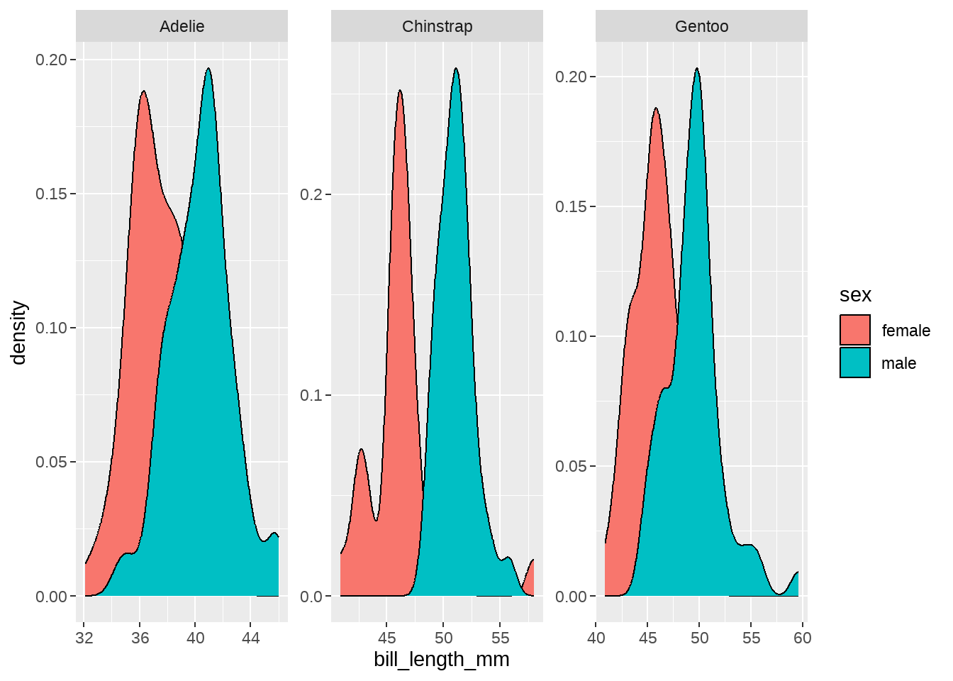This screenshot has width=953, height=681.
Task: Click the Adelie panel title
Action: [x=182, y=26]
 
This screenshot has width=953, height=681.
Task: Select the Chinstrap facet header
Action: [x=437, y=26]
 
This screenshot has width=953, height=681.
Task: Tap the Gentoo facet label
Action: [x=701, y=26]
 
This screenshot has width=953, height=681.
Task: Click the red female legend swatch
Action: [x=854, y=330]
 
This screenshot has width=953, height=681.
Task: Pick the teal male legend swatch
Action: [x=854, y=362]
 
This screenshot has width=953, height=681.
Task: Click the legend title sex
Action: [x=855, y=295]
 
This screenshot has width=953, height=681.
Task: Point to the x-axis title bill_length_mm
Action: [x=441, y=660]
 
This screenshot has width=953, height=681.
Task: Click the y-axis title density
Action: [x=19, y=332]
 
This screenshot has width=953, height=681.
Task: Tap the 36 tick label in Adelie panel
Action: [x=140, y=638]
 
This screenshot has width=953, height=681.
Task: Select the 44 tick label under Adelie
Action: [x=250, y=638]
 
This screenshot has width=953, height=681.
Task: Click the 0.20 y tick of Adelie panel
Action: [x=51, y=60]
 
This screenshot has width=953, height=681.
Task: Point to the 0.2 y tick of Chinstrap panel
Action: [x=311, y=194]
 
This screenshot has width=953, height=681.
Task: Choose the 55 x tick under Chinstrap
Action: [x=500, y=638]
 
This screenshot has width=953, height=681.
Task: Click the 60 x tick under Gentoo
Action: [x=802, y=638]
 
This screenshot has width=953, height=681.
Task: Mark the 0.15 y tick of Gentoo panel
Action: [x=572, y=206]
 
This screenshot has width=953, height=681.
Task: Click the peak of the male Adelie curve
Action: [x=208, y=69]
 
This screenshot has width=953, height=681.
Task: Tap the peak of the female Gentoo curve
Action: [x=656, y=109]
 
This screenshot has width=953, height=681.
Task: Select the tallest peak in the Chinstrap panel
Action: [x=456, y=69]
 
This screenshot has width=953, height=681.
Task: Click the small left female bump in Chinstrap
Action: [x=361, y=450]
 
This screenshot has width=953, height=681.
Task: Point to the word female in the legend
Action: [x=905, y=331]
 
